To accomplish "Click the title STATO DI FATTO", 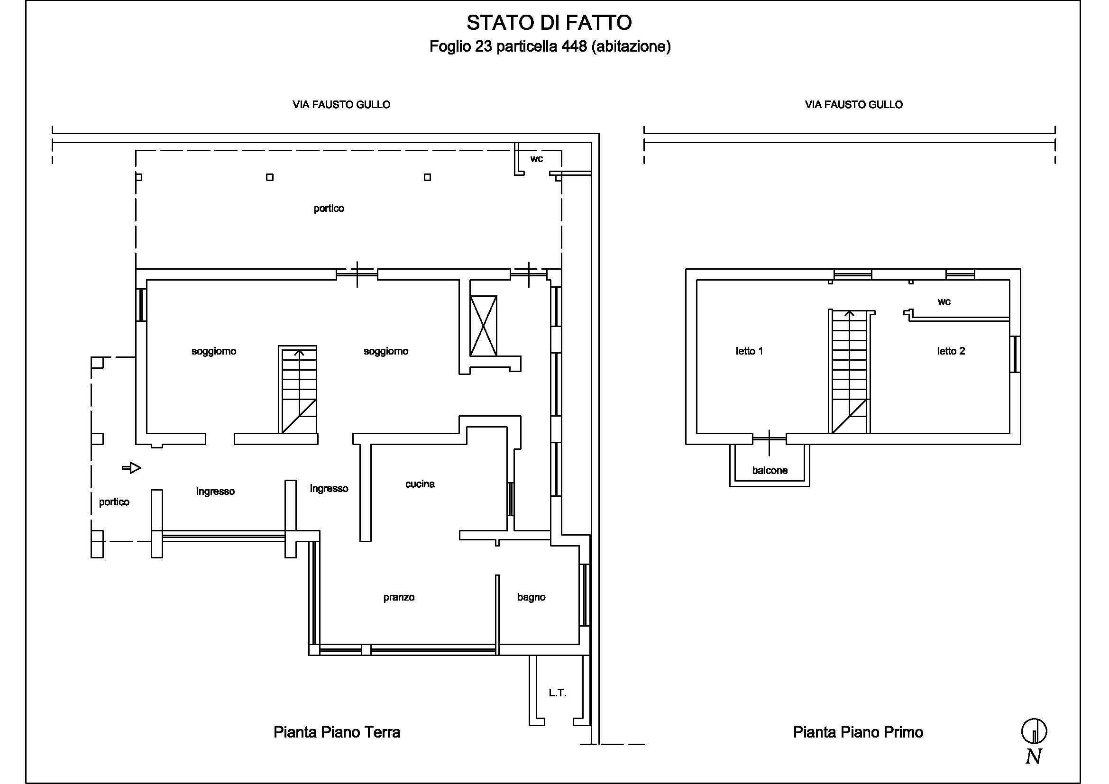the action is point(549,23).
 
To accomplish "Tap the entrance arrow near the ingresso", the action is point(131,468).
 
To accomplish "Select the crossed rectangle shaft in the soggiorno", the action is point(484,326).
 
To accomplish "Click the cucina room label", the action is point(420,484).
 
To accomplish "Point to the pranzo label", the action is point(399,598).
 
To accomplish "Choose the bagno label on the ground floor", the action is point(532,597).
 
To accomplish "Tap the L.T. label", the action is point(558,693).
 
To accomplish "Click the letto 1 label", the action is point(749,351).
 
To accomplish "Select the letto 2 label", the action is point(951,351).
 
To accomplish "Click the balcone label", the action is point(770,470).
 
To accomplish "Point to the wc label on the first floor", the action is point(944,302).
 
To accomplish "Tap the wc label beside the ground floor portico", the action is point(537,159).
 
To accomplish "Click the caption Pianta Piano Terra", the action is point(337,732).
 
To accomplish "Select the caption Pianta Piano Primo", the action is point(858,732).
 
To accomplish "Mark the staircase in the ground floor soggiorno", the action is point(298,389).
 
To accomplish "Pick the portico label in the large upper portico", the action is point(329,209).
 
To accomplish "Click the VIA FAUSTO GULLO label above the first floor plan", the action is point(853,104).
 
